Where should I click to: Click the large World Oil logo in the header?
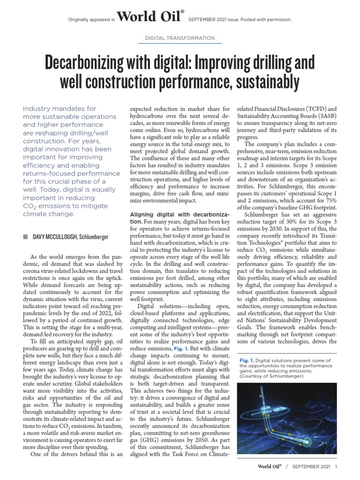150,18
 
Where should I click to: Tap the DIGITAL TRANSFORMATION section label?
180,38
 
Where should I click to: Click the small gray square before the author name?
25,237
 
